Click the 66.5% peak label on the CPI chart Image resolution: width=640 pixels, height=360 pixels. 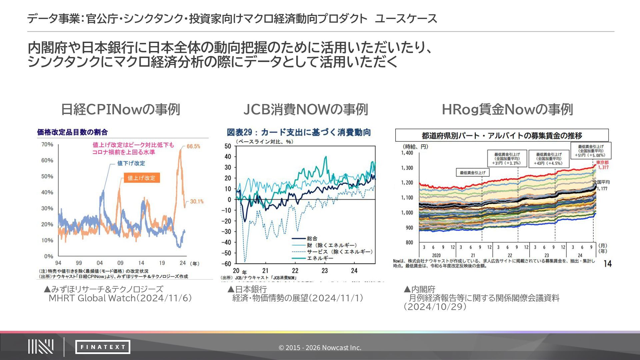click(x=193, y=146)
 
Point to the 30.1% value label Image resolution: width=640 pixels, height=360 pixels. click(x=197, y=201)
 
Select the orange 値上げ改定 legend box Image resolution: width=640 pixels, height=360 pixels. click(x=142, y=178)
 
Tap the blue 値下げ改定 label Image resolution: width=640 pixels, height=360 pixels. click(x=131, y=163)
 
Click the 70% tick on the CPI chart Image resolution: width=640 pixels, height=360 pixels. click(x=47, y=144)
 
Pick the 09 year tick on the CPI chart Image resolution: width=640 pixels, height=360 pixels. click(x=120, y=263)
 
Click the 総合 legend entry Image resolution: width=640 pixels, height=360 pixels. click(x=312, y=238)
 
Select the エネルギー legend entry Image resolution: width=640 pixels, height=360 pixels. click(x=320, y=258)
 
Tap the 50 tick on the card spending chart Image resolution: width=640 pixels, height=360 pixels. click(x=228, y=146)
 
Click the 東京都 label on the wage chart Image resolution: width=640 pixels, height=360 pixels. click(x=602, y=162)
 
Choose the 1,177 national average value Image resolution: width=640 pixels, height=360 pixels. click(x=602, y=189)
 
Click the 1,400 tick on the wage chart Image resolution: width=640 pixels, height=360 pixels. click(x=407, y=153)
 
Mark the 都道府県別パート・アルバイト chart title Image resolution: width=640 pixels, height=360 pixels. click(x=502, y=135)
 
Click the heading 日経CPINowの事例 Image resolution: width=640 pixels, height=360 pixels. click(x=120, y=109)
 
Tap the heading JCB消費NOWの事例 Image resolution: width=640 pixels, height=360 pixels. click(x=306, y=109)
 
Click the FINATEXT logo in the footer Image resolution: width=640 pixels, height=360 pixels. click(x=103, y=347)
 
